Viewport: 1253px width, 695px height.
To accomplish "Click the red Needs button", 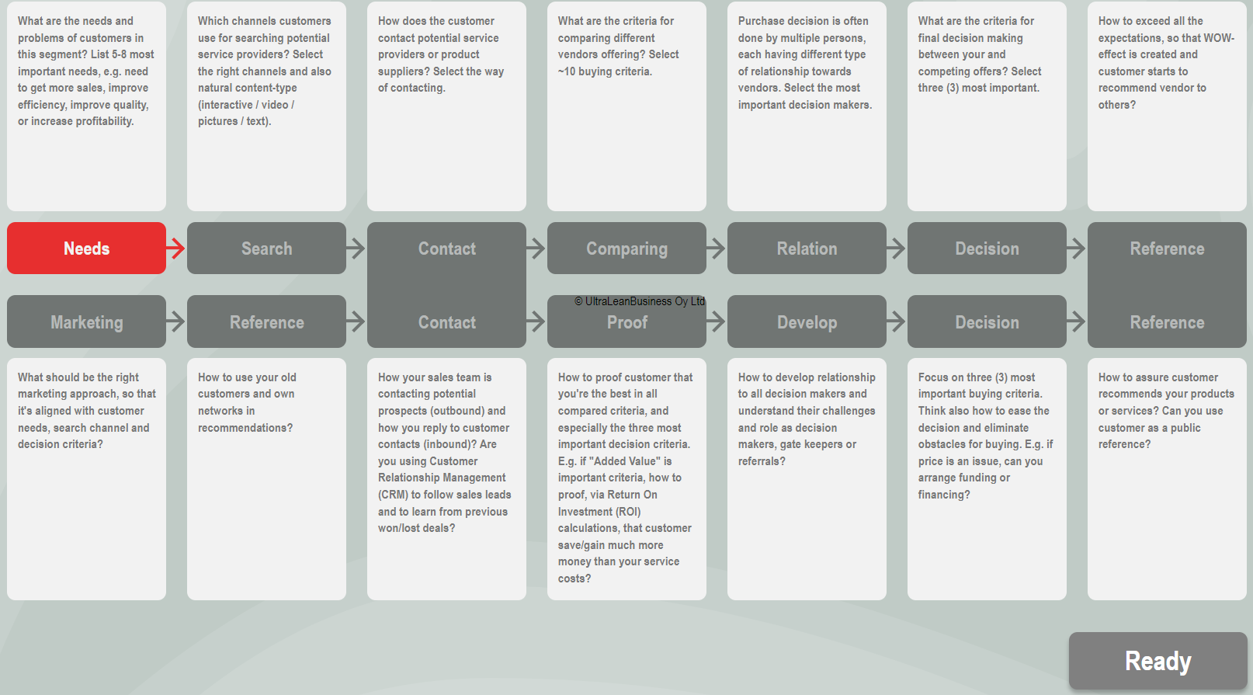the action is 86,248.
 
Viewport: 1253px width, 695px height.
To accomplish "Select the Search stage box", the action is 266,248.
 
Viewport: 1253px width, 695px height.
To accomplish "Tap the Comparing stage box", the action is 626,248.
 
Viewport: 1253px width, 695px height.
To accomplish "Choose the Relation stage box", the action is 807,248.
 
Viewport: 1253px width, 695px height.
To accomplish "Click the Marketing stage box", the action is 86,321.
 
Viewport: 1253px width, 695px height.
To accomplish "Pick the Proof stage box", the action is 626,321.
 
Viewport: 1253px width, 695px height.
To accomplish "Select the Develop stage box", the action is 807,321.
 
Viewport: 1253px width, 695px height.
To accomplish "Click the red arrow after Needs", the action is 175,248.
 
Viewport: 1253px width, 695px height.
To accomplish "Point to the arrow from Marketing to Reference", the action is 175,321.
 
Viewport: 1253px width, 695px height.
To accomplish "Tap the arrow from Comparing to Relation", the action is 716,248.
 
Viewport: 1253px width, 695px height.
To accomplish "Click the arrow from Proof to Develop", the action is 716,321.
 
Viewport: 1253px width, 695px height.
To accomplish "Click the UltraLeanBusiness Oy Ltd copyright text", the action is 640,301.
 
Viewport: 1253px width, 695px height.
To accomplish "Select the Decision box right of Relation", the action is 987,248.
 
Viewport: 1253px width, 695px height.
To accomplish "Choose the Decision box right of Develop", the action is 987,321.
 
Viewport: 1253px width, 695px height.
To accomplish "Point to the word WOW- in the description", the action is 1219,37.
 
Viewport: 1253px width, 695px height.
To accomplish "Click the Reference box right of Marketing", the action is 266,321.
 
